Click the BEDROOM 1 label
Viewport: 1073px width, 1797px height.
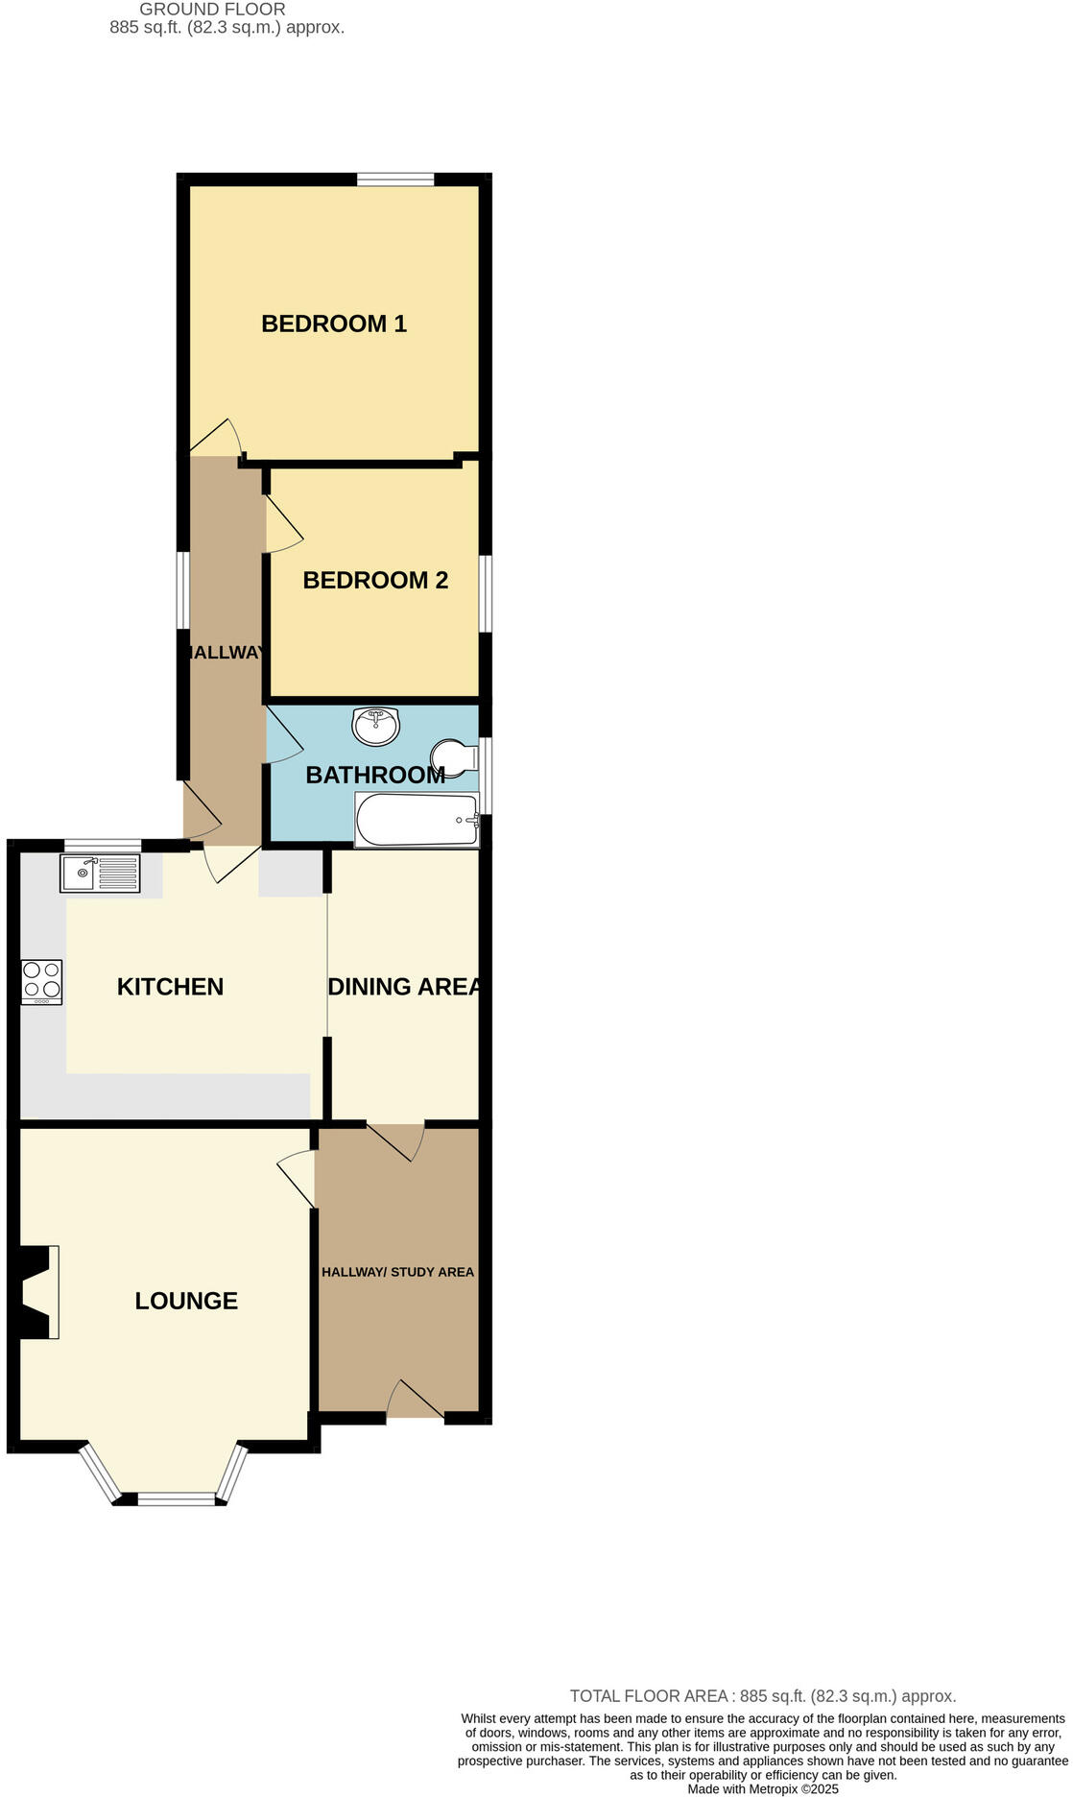click(x=334, y=323)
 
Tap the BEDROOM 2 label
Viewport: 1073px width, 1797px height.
click(x=375, y=580)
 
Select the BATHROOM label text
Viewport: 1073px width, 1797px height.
click(x=374, y=775)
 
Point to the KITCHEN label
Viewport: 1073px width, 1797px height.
click(x=170, y=987)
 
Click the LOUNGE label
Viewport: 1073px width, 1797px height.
click(x=186, y=1301)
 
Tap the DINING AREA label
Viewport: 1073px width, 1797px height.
click(x=404, y=987)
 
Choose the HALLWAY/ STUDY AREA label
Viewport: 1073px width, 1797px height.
click(x=397, y=1272)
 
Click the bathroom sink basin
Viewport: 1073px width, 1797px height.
click(x=376, y=726)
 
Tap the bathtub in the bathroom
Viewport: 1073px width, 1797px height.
click(x=417, y=821)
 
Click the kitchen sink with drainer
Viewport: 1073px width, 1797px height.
click(x=100, y=873)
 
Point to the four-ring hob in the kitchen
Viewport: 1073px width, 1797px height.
click(x=41, y=982)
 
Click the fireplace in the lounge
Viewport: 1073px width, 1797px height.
click(x=36, y=1292)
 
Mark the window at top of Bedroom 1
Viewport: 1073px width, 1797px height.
click(x=394, y=179)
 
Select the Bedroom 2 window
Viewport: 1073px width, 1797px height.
click(x=486, y=593)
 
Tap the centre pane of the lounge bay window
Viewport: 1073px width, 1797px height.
click(x=177, y=1498)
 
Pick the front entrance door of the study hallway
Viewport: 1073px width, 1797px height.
click(x=416, y=1402)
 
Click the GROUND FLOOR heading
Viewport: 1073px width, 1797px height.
click(x=212, y=10)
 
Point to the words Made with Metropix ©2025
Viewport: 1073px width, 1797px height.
click(x=763, y=1788)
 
